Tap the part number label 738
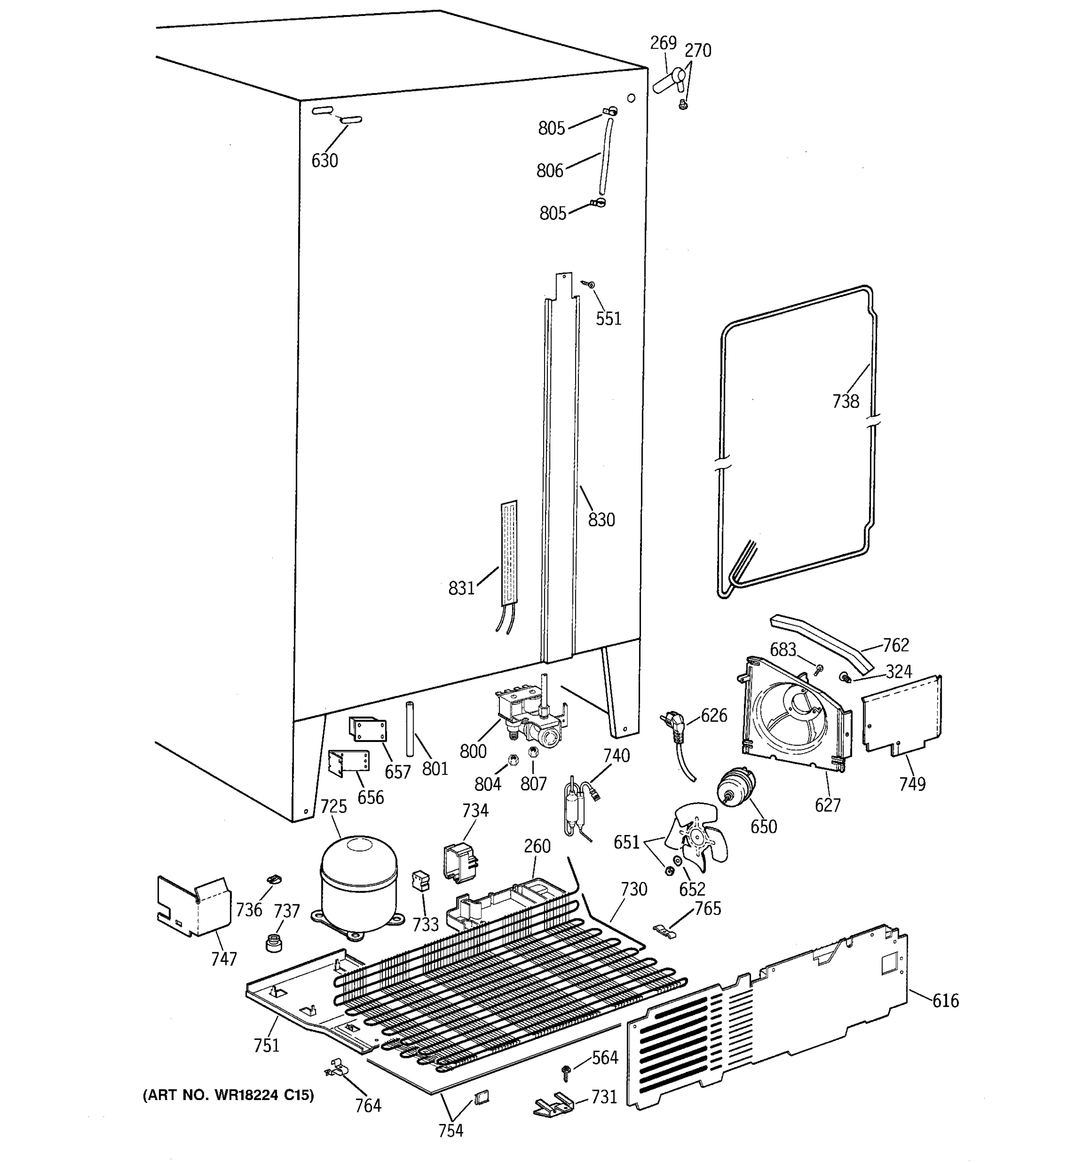click(845, 401)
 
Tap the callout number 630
click(324, 160)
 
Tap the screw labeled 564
click(566, 1070)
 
